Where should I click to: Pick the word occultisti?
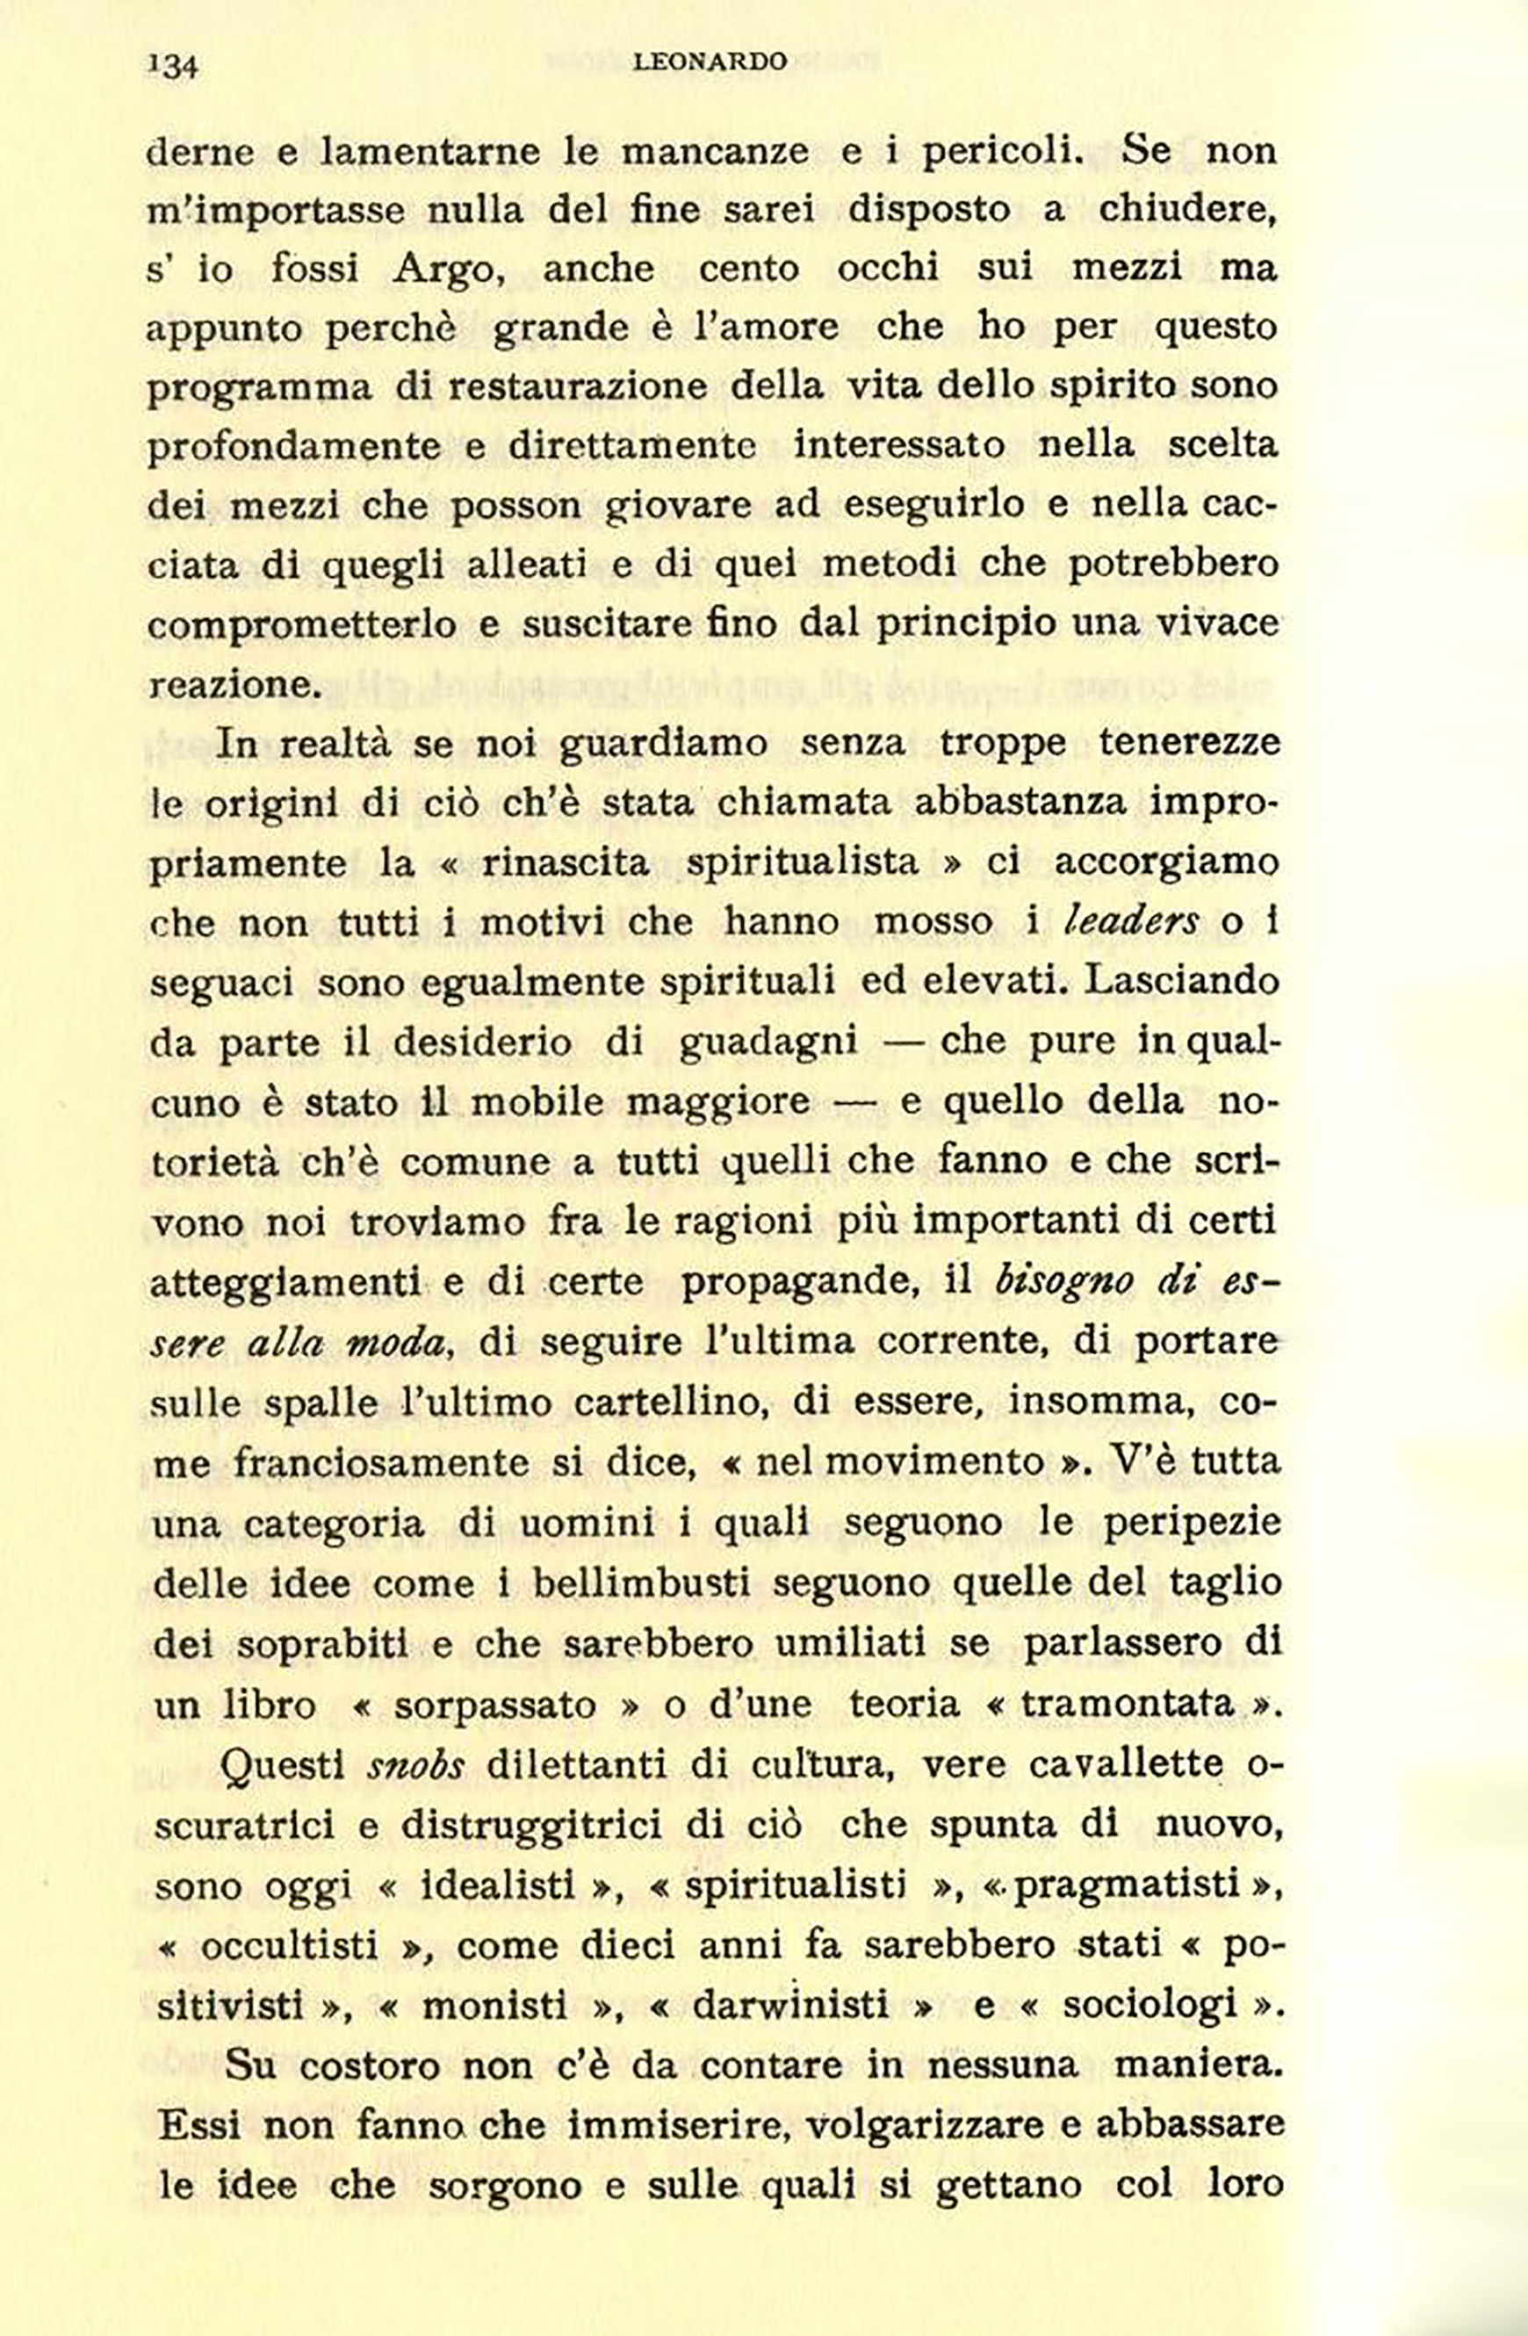point(291,1945)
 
